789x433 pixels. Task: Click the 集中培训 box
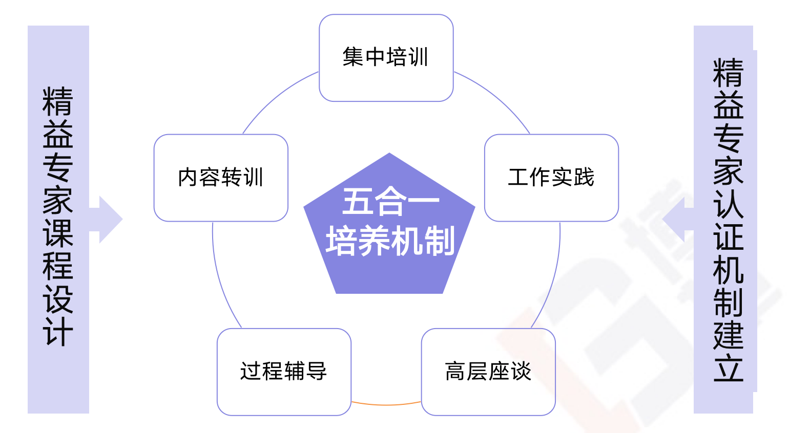386,57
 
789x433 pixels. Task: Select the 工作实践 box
551,178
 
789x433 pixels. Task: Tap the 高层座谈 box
488,372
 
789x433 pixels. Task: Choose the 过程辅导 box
284,372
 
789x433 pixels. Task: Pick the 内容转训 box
221,178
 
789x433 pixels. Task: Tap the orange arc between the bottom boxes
386,404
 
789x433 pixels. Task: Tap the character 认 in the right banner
728,204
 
